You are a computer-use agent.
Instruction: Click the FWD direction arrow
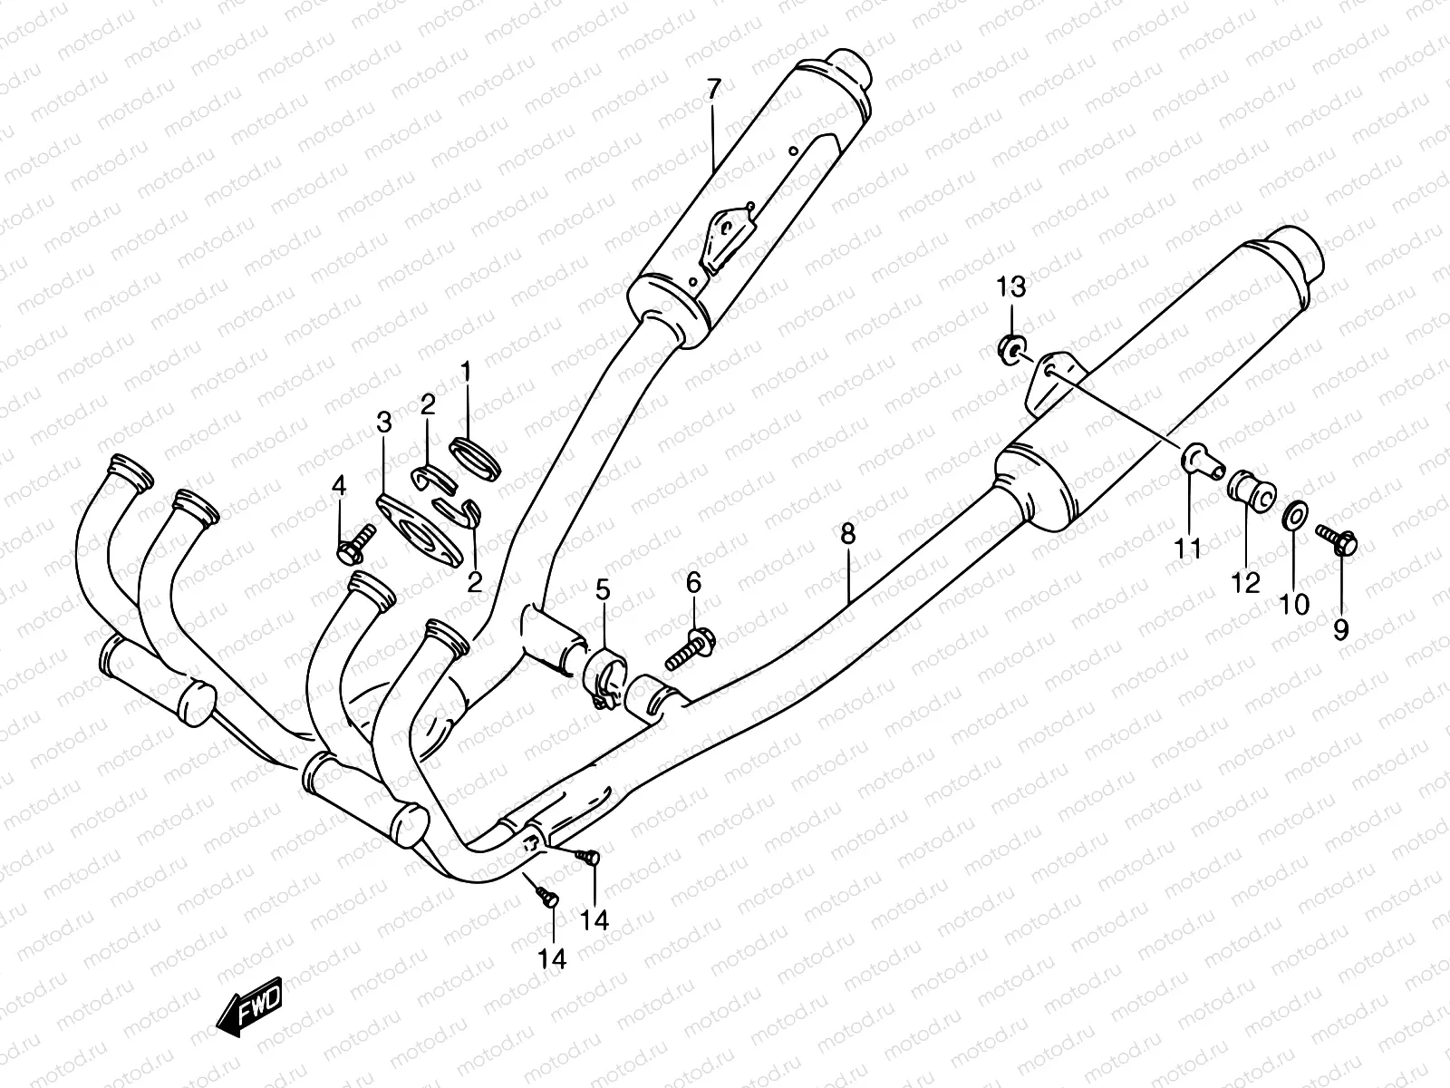point(250,1006)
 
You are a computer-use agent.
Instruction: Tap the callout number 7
point(713,89)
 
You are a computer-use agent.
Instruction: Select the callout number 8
point(848,534)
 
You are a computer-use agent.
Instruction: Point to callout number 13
point(1011,287)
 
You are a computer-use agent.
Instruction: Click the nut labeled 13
point(1011,350)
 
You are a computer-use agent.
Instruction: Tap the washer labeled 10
point(1293,515)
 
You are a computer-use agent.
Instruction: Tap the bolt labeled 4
point(354,545)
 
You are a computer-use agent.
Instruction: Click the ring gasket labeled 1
point(475,458)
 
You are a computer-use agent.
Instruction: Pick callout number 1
point(467,372)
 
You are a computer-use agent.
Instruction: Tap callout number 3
point(384,423)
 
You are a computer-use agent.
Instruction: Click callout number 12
point(1245,583)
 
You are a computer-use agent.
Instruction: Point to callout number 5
point(604,590)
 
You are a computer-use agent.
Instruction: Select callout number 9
point(1341,630)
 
